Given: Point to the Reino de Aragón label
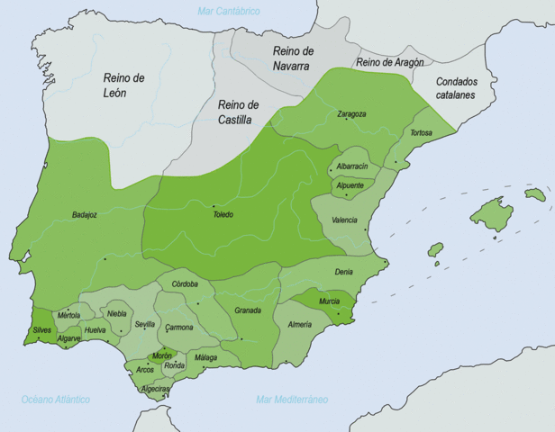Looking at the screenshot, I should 389,62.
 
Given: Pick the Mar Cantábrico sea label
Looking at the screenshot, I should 229,11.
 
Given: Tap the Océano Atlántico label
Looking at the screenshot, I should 56,399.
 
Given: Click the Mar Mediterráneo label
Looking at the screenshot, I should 292,399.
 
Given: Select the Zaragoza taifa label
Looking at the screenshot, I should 351,114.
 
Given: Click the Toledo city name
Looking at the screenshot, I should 223,214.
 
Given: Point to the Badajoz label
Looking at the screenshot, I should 86,215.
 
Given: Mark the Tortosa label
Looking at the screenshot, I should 421,133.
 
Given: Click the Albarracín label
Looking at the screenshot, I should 352,167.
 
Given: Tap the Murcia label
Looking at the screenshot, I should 330,301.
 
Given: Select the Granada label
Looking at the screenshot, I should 247,310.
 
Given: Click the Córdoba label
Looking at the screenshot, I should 185,284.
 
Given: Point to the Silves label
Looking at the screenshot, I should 42,330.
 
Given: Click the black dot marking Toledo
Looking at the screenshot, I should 214,205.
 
